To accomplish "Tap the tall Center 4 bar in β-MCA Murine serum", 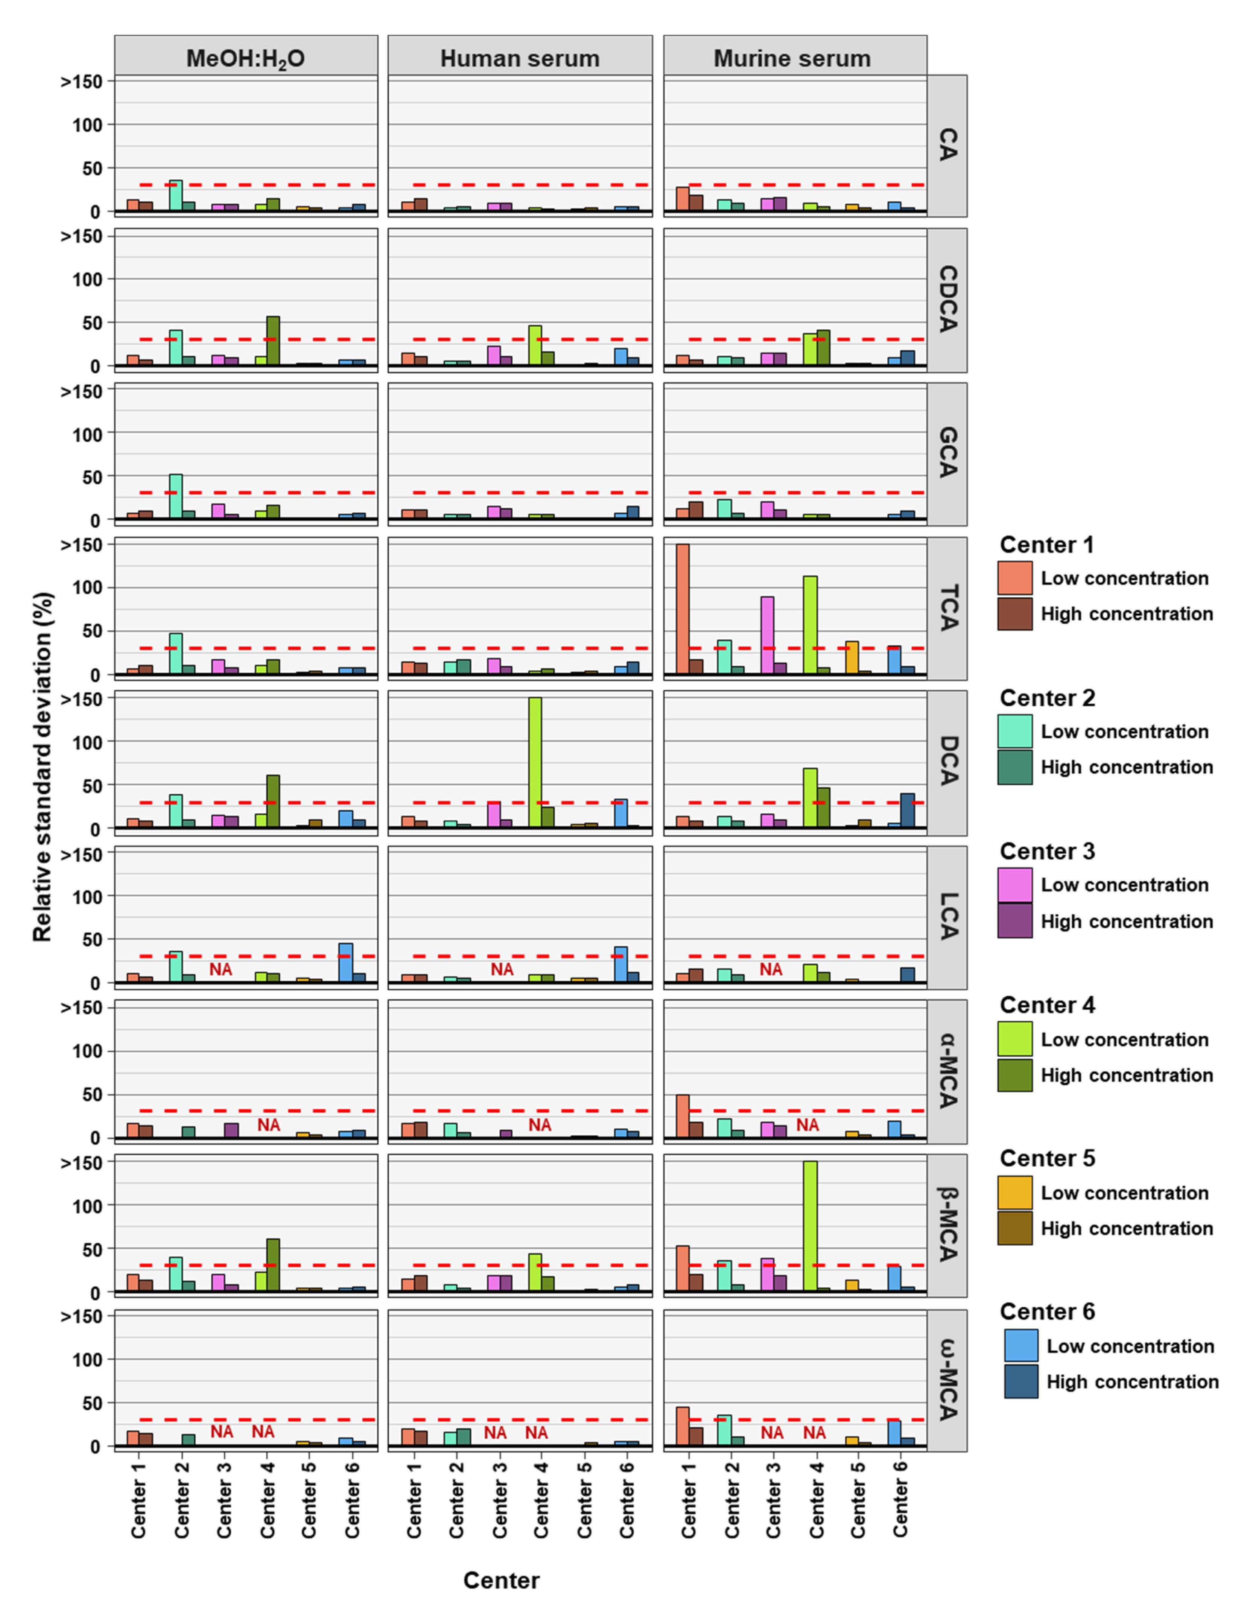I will [x=810, y=1226].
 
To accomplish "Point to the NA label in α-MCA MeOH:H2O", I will [x=268, y=1125].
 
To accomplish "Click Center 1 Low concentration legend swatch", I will [x=1015, y=578].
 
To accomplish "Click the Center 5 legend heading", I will [x=1047, y=1158].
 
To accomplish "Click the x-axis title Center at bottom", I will [x=502, y=1580].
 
